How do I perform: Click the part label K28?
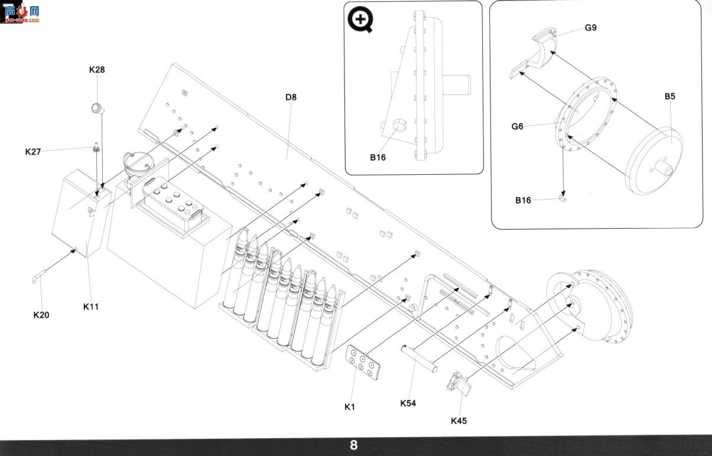97,70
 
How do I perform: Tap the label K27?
33,152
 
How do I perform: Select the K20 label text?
41,315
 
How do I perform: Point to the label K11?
91,307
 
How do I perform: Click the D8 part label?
291,97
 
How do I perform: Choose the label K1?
350,407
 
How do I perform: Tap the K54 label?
408,403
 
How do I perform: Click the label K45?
459,421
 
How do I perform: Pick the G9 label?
591,28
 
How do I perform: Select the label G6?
517,126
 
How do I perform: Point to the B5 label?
669,96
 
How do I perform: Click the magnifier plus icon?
360,19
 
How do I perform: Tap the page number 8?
354,445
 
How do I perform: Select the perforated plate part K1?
363,362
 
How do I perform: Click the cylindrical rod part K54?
419,359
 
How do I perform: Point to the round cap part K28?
97,108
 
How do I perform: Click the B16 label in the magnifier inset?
378,157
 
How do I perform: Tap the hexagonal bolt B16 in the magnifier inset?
399,124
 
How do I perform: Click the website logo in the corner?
21,12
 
